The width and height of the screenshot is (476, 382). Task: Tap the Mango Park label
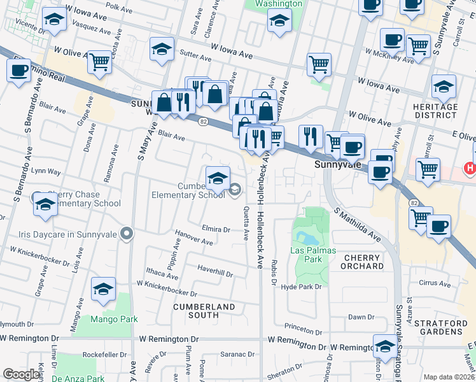pyautogui.click(x=109, y=318)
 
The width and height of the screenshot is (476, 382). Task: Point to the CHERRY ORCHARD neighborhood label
pyautogui.click(x=363, y=262)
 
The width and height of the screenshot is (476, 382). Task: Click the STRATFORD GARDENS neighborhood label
pyautogui.click(x=445, y=328)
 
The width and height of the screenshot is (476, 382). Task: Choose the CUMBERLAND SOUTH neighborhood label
pyautogui.click(x=204, y=311)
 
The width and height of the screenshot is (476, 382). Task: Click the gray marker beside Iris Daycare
pyautogui.click(x=127, y=234)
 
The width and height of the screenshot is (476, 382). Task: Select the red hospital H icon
pyautogui.click(x=471, y=167)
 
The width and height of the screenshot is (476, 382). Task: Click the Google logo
pyautogui.click(x=22, y=374)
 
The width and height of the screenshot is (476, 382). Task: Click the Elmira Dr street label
pyautogui.click(x=216, y=229)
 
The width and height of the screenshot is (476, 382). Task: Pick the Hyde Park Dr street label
pyautogui.click(x=302, y=287)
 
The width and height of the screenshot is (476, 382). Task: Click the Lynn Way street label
pyautogui.click(x=46, y=172)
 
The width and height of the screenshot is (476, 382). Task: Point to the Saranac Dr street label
pyautogui.click(x=238, y=355)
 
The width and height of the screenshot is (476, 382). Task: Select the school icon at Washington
pyautogui.click(x=278, y=22)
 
